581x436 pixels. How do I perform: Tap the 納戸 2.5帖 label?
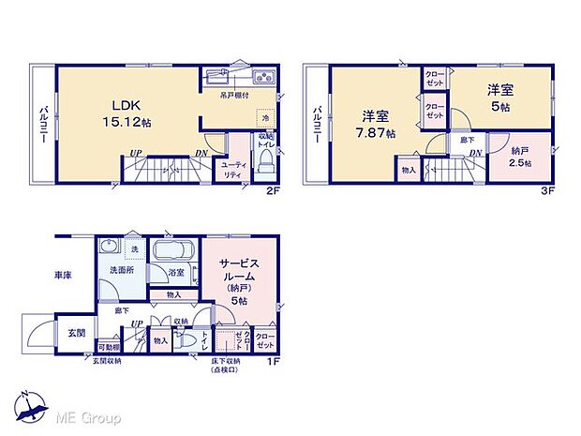[x=521, y=157]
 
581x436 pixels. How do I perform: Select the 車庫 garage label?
[x=63, y=276]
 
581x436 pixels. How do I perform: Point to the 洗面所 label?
[x=122, y=270]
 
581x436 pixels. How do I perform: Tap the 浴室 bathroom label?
[x=176, y=273]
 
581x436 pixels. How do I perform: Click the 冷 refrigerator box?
[x=265, y=119]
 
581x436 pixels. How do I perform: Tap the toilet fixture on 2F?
[x=266, y=165]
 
